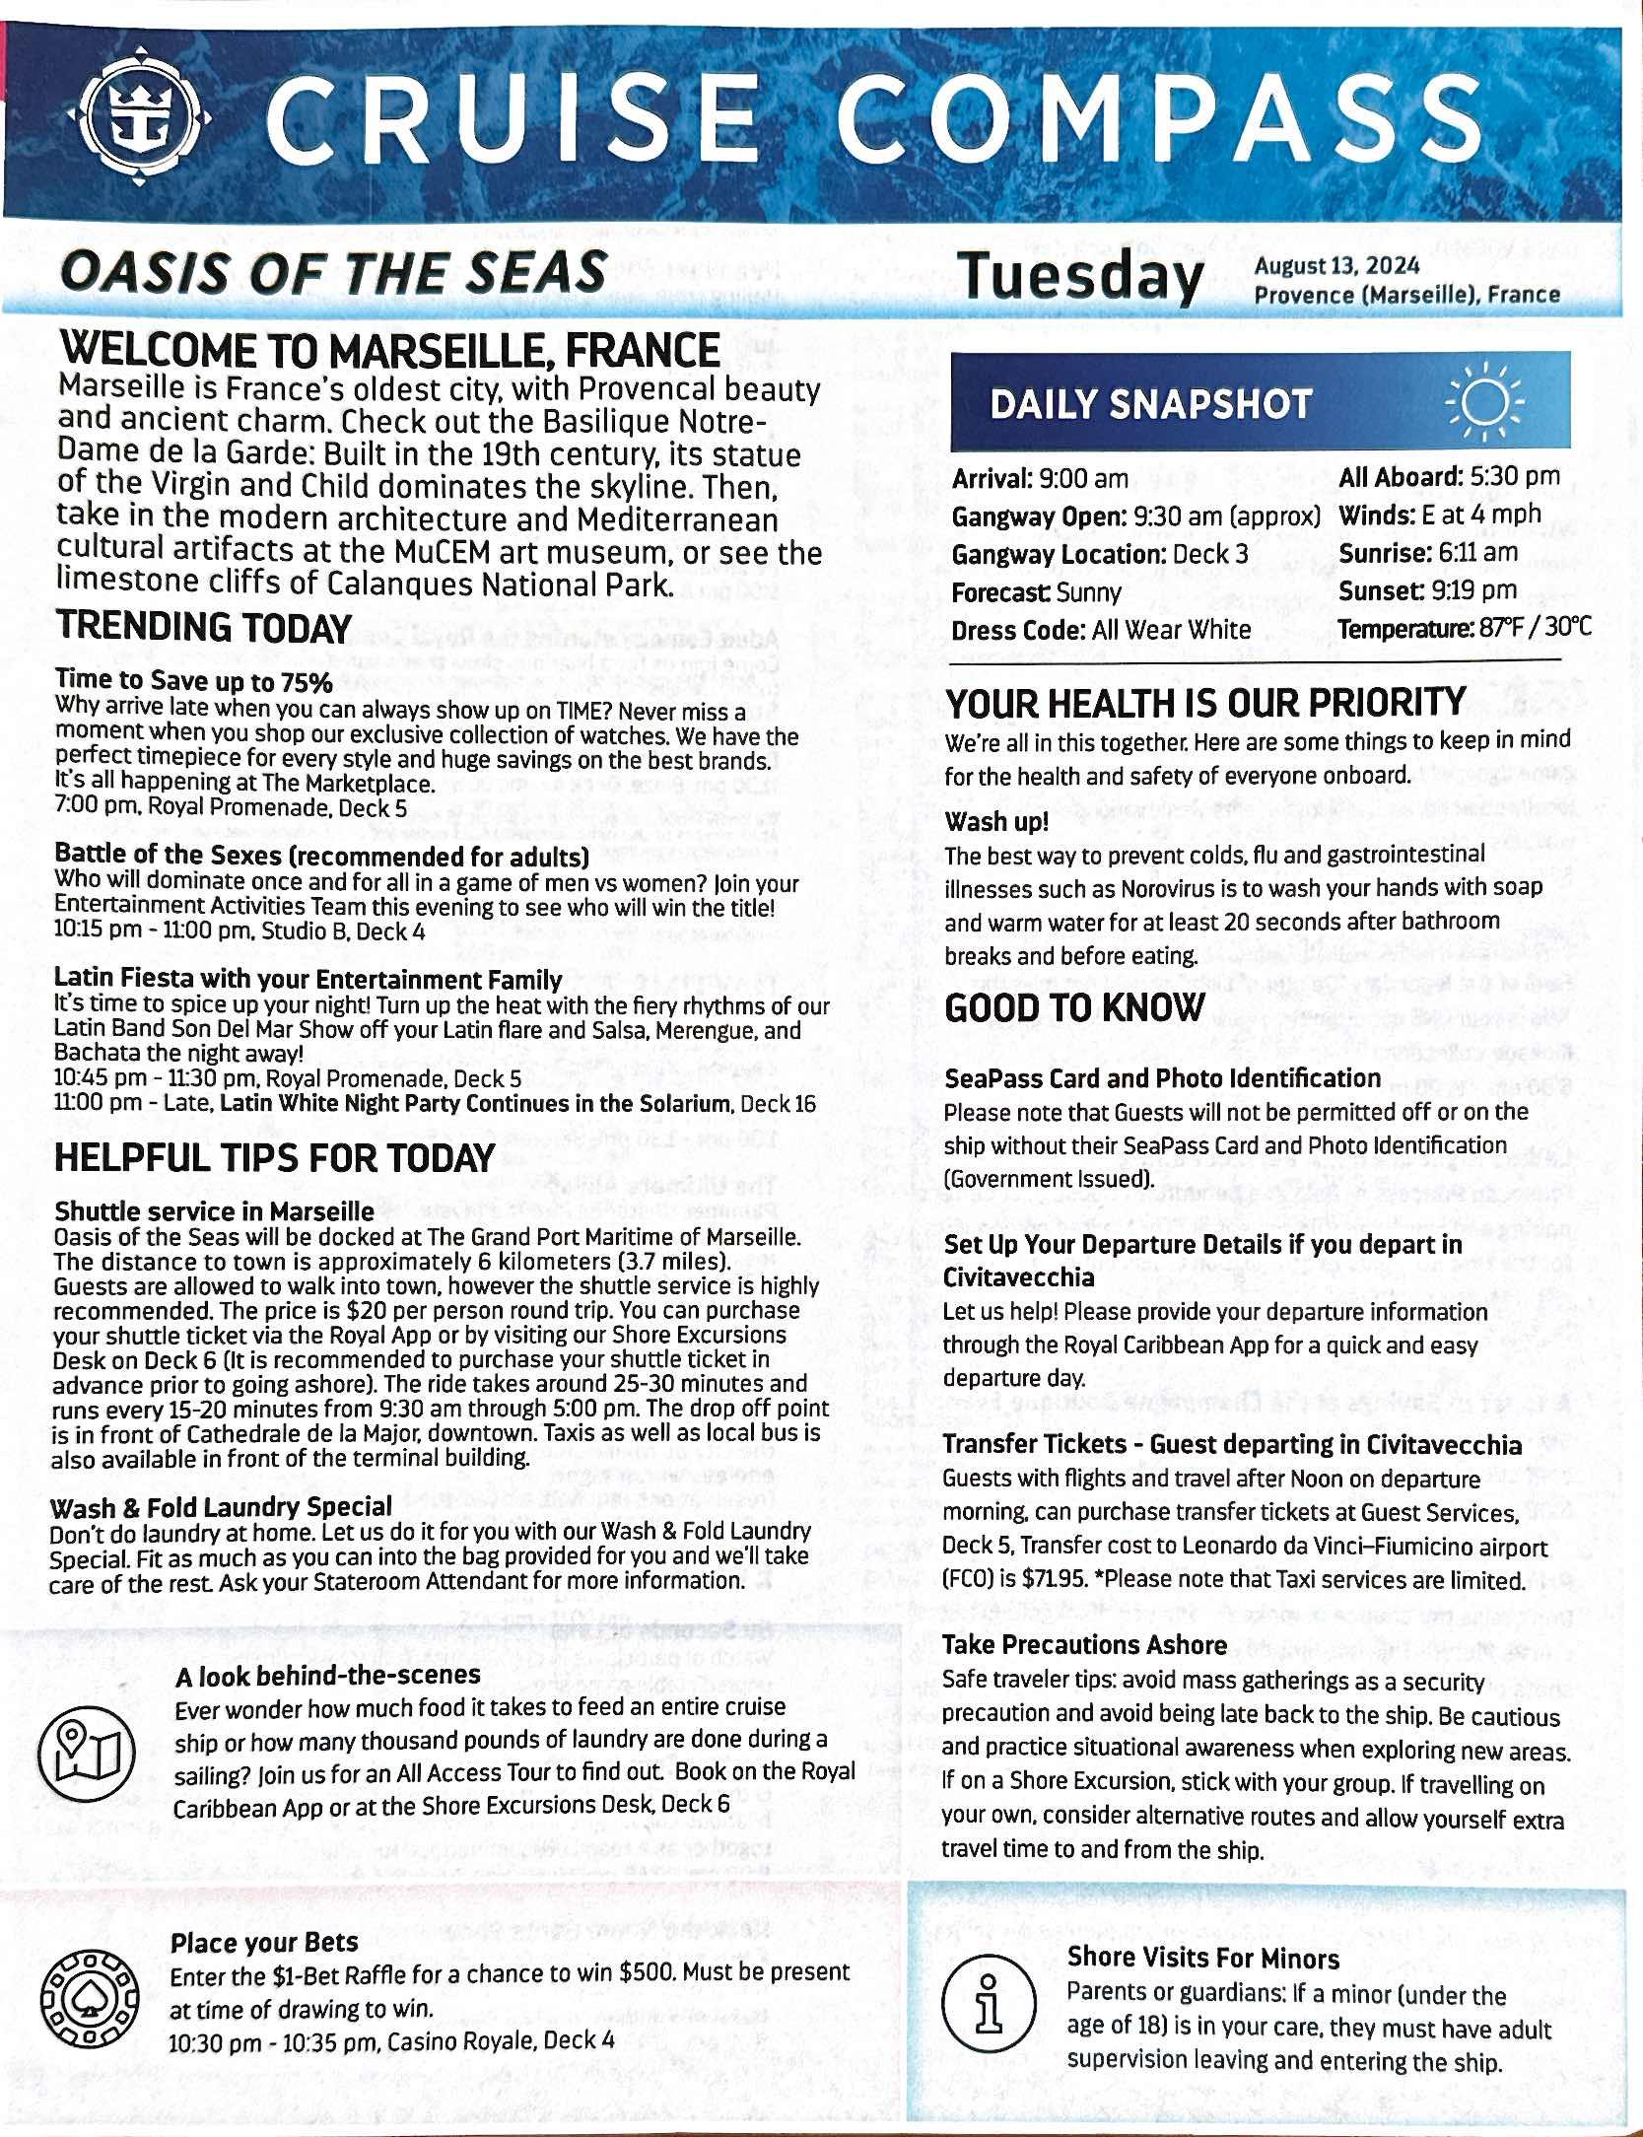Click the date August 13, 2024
1336,266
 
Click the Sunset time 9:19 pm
1471,591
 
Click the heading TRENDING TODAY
204,628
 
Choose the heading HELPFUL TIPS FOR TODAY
274,1158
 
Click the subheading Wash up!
996,822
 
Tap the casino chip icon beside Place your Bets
85,1996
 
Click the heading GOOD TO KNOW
1074,1008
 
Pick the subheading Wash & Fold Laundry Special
221,1508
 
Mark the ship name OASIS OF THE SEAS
333,272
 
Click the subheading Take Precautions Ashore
1084,1645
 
